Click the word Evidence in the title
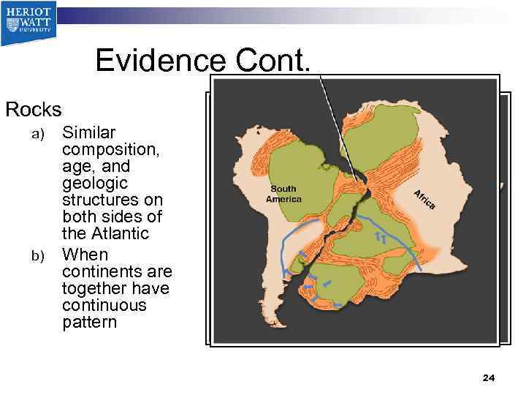click(x=161, y=60)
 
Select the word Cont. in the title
click(x=273, y=60)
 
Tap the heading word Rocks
click(x=34, y=110)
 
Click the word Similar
click(x=89, y=132)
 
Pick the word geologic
click(x=95, y=183)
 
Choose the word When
click(x=85, y=255)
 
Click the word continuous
click(x=104, y=305)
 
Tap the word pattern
click(x=89, y=322)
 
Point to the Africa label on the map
click(x=424, y=198)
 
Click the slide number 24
click(x=489, y=377)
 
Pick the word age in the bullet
click(x=77, y=166)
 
